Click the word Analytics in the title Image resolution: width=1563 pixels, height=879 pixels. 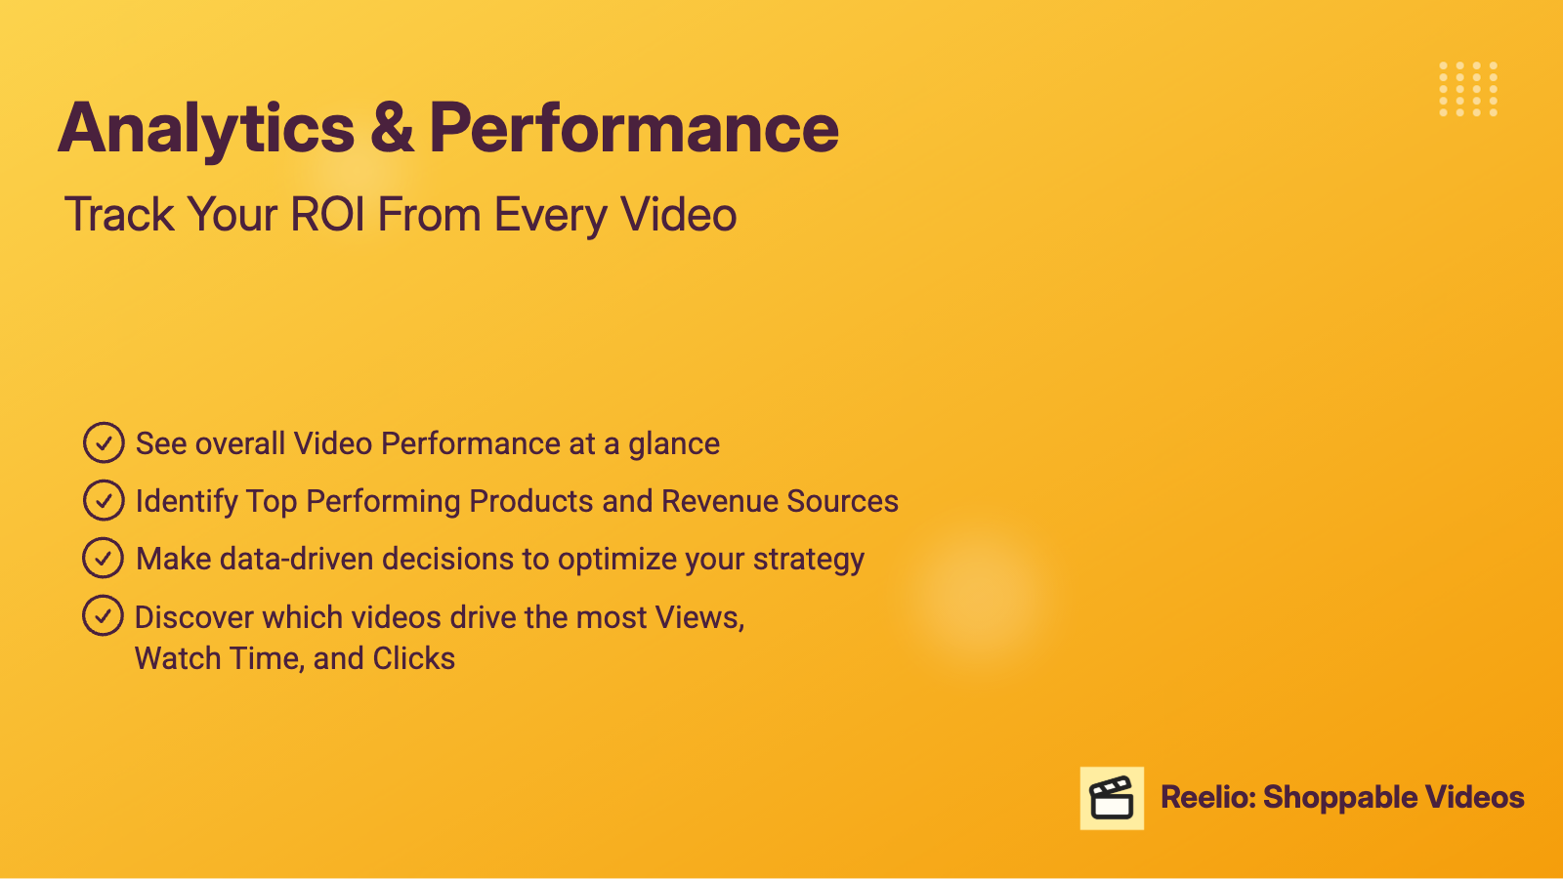click(x=206, y=129)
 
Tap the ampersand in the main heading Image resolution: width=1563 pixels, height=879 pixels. click(x=392, y=127)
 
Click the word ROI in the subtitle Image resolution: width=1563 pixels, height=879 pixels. click(x=327, y=214)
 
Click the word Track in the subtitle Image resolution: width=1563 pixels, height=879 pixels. click(x=118, y=214)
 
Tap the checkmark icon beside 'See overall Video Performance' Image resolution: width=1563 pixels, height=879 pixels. click(x=104, y=442)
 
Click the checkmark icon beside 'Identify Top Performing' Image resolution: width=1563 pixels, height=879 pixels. click(x=104, y=499)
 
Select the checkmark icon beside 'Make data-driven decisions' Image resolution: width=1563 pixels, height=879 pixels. click(x=104, y=558)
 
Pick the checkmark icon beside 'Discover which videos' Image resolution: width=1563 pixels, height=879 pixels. click(x=103, y=615)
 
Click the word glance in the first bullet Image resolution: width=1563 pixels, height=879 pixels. click(x=674, y=444)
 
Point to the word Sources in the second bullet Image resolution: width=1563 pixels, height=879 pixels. click(x=843, y=501)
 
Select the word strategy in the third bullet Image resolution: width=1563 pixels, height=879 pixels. click(x=809, y=561)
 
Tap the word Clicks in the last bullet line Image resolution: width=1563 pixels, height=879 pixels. click(x=414, y=658)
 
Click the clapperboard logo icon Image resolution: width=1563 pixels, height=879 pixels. click(x=1112, y=798)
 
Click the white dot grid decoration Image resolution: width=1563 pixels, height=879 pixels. click(x=1468, y=89)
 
